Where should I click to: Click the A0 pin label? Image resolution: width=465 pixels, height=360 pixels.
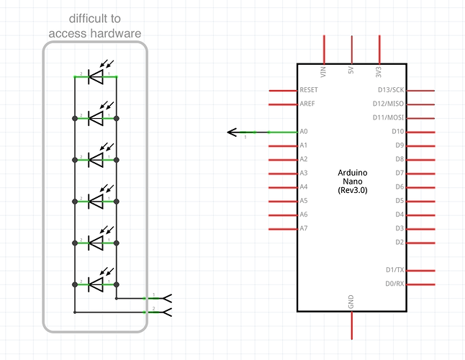[x=304, y=132]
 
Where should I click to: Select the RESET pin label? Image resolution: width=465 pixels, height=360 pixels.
[x=308, y=91]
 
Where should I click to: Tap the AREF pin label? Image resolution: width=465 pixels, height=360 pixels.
[x=307, y=104]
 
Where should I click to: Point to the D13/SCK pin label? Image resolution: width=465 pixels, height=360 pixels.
[x=391, y=91]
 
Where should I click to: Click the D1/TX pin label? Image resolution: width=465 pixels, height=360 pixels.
[x=394, y=270]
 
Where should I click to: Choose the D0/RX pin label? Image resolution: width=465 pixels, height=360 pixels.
[x=394, y=284]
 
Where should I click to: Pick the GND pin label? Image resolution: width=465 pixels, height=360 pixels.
[x=351, y=302]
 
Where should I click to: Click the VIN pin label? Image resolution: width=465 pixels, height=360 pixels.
[x=324, y=72]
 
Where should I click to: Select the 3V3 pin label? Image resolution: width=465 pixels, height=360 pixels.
[x=379, y=72]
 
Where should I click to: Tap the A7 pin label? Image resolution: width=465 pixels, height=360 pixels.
[x=304, y=228]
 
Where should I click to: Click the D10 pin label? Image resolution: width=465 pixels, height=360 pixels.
[x=397, y=132]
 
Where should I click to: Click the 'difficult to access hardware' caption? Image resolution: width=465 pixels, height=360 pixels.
[x=94, y=26]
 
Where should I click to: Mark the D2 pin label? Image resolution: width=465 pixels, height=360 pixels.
[x=399, y=242]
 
